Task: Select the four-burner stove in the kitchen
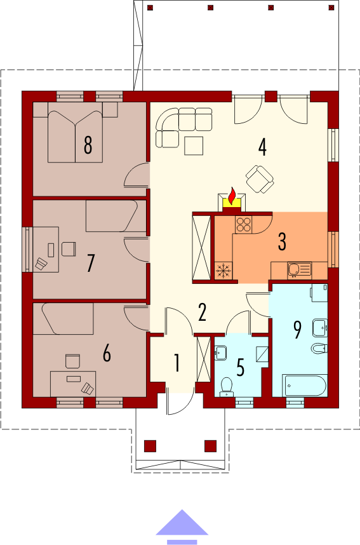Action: tap(243, 224)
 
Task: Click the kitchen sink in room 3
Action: tap(300, 271)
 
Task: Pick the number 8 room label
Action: tap(88, 145)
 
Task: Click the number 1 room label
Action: tap(177, 363)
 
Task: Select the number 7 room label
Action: tap(90, 263)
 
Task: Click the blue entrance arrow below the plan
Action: tap(182, 526)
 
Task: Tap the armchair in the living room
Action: tap(260, 179)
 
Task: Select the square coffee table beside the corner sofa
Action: tap(194, 145)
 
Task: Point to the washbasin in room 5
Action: tap(221, 353)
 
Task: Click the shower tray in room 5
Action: tap(262, 354)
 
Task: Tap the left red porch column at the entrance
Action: tap(150, 446)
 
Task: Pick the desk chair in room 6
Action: tap(72, 361)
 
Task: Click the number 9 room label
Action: tap(297, 330)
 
